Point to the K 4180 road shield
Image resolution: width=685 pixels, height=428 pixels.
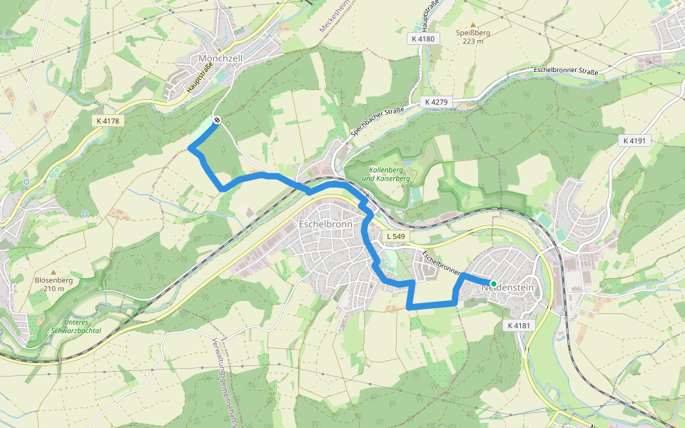pos(423,39)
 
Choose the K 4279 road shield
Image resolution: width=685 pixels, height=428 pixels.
pos(436,103)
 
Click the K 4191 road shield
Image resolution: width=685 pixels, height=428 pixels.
pos(634,141)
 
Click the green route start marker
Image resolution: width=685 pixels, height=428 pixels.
pos(493,283)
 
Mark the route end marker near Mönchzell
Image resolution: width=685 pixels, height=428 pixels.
pos(216,121)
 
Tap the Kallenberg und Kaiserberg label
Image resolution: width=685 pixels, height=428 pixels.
pos(386,173)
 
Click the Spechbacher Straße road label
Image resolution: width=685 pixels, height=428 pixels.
pos(377,122)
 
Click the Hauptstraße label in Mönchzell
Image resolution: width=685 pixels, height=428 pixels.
pos(200,79)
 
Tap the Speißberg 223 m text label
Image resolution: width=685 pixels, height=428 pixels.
pos(472,36)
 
